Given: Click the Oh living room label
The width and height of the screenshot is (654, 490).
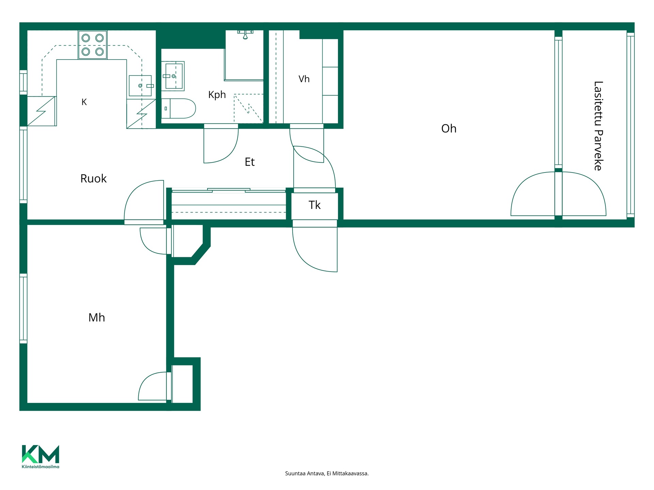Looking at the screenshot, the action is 449,129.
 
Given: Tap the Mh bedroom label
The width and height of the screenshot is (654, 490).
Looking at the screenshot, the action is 97,317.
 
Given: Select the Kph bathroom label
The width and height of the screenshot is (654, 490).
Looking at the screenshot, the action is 217,95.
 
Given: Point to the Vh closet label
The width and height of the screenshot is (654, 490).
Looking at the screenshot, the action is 304,79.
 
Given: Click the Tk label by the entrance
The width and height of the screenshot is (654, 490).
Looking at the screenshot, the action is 314,205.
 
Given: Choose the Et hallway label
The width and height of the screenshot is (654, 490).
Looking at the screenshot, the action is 250,162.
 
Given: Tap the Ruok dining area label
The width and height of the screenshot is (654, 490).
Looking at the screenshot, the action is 93,179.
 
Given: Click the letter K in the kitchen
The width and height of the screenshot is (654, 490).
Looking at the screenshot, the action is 84,102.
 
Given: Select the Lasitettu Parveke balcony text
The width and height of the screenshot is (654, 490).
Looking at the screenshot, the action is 598,126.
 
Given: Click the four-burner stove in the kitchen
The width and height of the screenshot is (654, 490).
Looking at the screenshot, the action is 93,45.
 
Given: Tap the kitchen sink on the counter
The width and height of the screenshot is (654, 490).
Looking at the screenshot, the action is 140,86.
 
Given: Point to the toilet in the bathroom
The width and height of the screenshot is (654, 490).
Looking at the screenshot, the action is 178,109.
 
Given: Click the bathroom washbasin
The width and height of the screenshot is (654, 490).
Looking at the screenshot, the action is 173,76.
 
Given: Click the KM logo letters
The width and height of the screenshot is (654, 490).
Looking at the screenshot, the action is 41,454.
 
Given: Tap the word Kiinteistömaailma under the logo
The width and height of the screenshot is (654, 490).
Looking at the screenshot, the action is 41,467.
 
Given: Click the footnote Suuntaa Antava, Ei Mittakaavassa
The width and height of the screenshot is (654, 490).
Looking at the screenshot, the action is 327,473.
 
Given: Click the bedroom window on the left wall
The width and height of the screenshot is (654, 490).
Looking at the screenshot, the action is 23,308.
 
